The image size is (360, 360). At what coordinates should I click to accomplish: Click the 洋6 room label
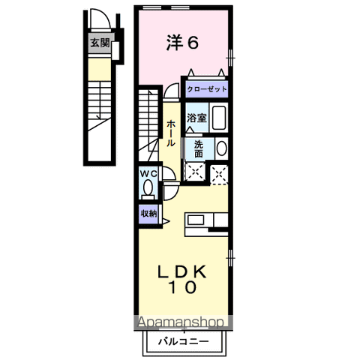pyautogui.click(x=182, y=43)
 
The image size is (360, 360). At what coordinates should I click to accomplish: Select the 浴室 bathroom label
pyautogui.click(x=196, y=118)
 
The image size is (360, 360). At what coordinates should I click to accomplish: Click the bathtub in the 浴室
pyautogui.click(x=219, y=118)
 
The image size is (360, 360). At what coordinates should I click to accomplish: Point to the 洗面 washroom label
pyautogui.click(x=197, y=148)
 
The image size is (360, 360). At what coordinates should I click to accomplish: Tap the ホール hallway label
pyautogui.click(x=172, y=132)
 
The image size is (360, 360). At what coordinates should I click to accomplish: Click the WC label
pyautogui.click(x=147, y=174)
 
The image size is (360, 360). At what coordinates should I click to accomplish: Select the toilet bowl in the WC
pyautogui.click(x=147, y=187)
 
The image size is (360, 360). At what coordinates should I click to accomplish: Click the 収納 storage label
pyautogui.click(x=148, y=214)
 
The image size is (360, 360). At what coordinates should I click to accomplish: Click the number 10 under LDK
pyautogui.click(x=182, y=287)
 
